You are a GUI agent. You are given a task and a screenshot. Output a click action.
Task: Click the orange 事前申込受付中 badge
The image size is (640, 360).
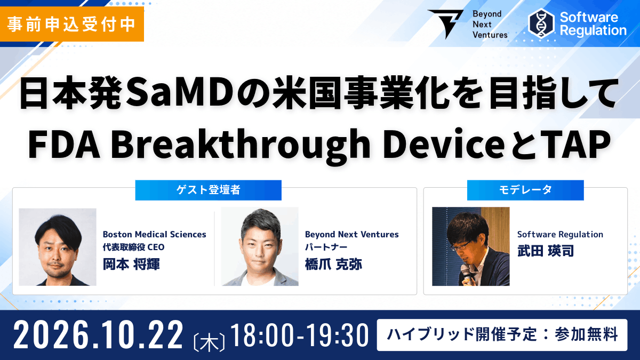[x=71, y=24]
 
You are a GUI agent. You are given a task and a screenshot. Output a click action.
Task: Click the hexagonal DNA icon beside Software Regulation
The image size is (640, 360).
[x=541, y=23]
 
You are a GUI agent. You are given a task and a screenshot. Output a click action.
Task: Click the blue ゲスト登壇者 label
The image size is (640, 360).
[x=209, y=190]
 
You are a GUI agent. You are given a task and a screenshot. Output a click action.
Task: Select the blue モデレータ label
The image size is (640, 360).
[x=525, y=190]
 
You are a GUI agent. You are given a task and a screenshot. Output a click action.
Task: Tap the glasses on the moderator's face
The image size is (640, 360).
[x=461, y=246]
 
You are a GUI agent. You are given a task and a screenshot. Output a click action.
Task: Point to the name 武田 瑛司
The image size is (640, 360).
[x=546, y=251]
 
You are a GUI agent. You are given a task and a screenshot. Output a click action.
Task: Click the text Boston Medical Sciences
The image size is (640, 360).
[x=154, y=234]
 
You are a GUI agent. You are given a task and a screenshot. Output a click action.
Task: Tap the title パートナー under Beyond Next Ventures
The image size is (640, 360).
[x=326, y=247]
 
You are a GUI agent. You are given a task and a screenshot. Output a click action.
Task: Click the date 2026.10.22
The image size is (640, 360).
[x=98, y=335]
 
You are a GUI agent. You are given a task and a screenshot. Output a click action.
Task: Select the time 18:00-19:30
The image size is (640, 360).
[x=299, y=335]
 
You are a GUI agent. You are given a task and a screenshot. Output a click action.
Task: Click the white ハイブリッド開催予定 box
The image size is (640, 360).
[x=502, y=335]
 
